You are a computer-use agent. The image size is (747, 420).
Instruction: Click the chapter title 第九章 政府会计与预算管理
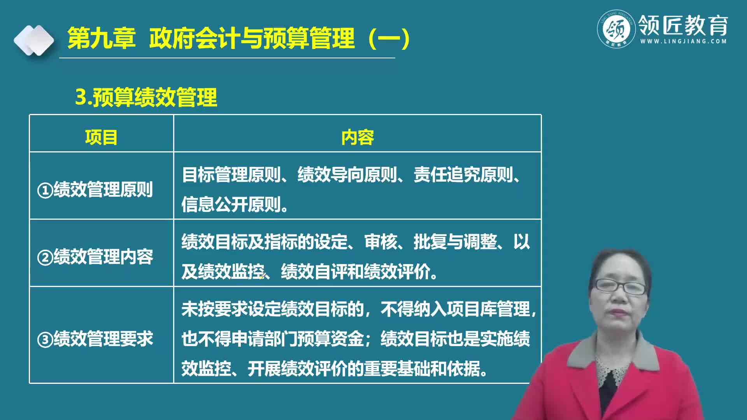238,38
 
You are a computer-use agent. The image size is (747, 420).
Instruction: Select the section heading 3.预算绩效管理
146,97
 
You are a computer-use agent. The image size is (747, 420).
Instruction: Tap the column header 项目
101,137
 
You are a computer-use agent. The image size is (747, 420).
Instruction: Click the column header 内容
357,137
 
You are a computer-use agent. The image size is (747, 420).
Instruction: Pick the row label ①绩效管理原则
95,190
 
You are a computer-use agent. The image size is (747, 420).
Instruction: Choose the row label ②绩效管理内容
95,257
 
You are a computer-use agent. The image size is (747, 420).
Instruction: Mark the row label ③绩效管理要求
95,339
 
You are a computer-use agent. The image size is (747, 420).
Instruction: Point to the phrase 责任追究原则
463,175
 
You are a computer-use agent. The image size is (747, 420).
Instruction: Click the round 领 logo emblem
616,29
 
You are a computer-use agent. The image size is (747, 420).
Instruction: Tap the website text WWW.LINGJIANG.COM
683,41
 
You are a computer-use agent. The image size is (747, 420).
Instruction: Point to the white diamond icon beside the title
34,40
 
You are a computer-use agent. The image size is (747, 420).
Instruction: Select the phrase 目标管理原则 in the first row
231,175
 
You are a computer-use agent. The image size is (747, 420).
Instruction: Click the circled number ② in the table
45,258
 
